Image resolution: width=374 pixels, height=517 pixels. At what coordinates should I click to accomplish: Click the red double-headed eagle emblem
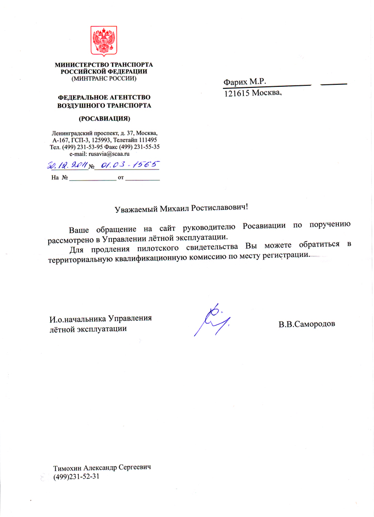(x=104, y=40)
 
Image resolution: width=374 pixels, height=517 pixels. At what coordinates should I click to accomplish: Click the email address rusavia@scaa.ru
(x=109, y=154)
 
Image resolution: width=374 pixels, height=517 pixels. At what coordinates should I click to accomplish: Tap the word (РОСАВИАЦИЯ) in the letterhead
(x=104, y=118)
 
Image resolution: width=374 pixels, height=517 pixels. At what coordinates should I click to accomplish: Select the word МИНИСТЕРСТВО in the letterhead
(x=80, y=64)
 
